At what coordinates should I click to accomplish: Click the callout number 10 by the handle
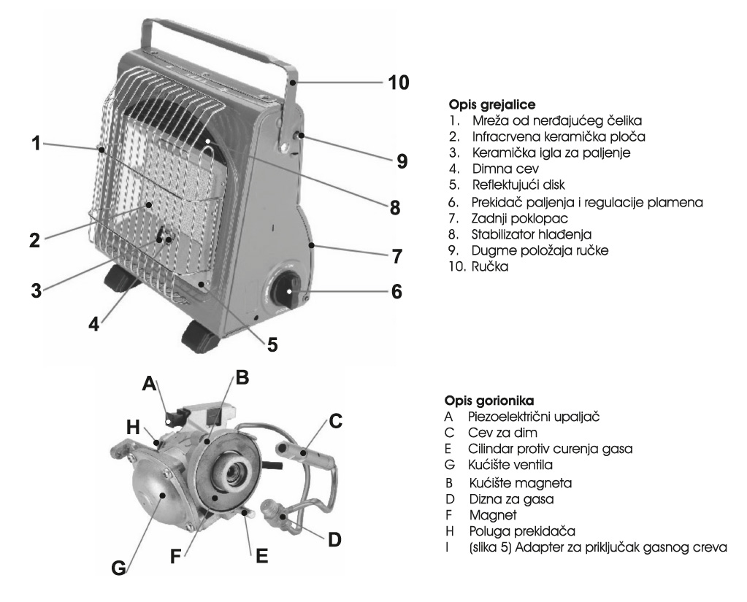(399, 81)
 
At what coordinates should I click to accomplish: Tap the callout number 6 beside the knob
(397, 291)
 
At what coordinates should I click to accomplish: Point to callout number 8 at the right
(395, 207)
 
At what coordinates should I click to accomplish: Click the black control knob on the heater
(286, 294)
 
